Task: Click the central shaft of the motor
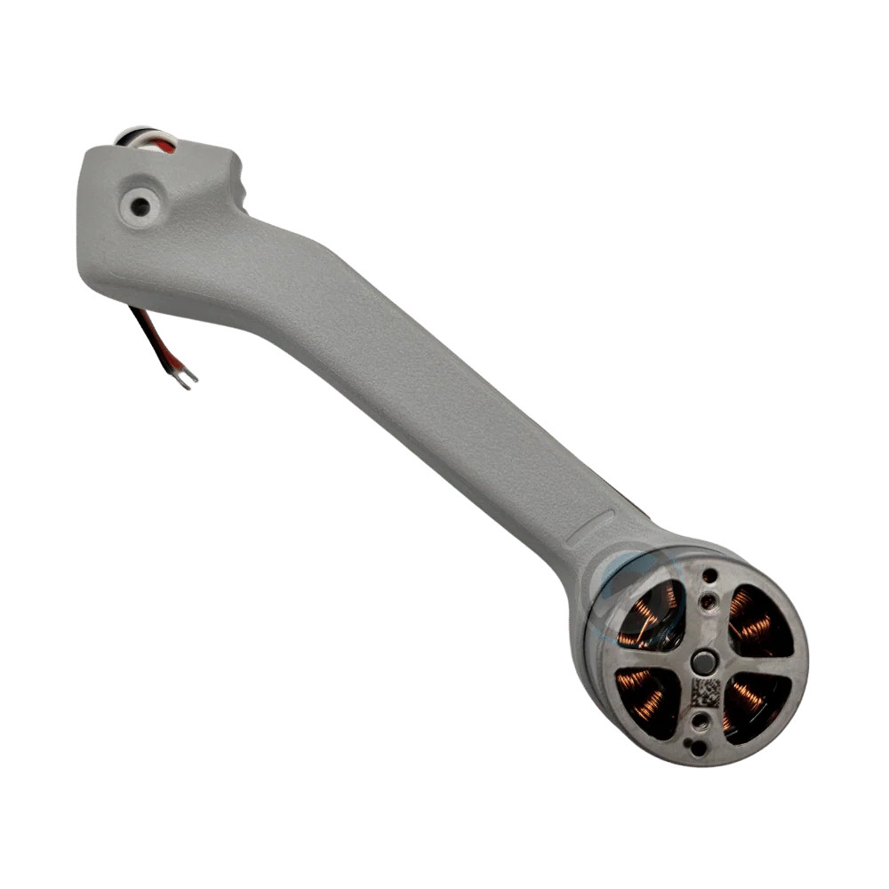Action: point(704,661)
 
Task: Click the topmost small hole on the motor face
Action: point(709,575)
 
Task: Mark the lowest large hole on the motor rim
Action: point(699,748)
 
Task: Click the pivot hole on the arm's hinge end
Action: point(140,206)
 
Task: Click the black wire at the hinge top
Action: point(124,139)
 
